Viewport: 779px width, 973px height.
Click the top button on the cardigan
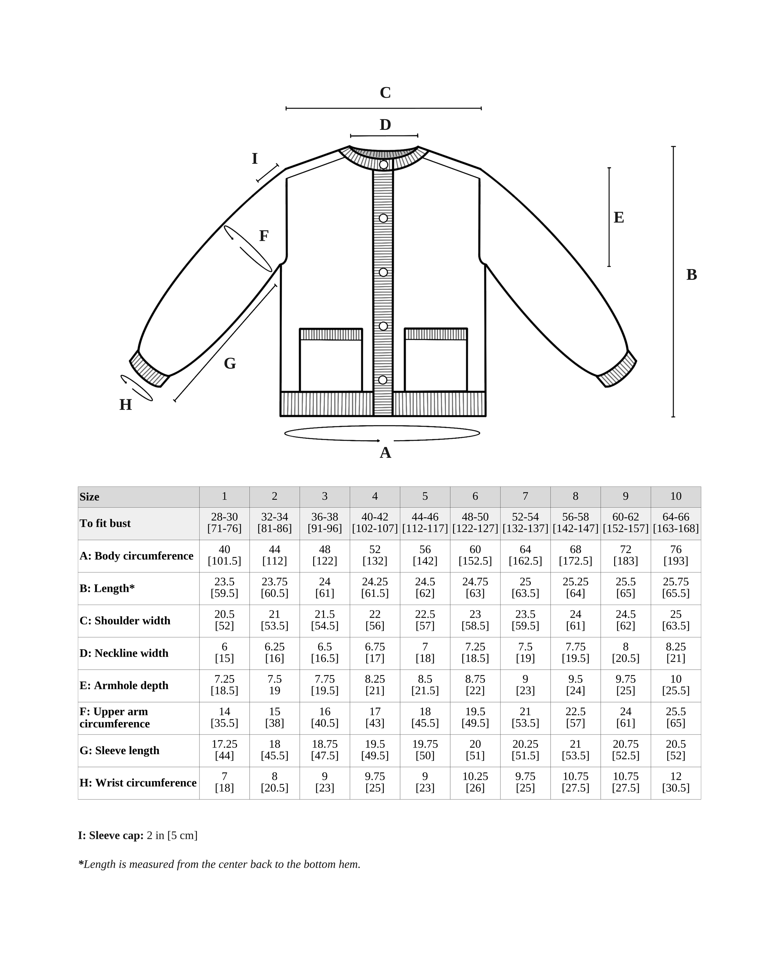pyautogui.click(x=383, y=165)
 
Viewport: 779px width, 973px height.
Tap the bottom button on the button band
pyautogui.click(x=383, y=380)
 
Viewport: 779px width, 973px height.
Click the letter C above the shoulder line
pyautogui.click(x=385, y=92)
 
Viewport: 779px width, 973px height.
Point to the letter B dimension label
pyautogui.click(x=691, y=275)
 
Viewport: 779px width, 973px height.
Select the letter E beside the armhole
pyautogui.click(x=619, y=218)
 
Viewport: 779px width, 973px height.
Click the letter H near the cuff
pyautogui.click(x=126, y=405)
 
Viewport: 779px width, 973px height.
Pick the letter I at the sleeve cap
pyautogui.click(x=255, y=159)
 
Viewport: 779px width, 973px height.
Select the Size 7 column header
pyautogui.click(x=525, y=496)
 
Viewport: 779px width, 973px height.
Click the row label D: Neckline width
pyautogui.click(x=124, y=653)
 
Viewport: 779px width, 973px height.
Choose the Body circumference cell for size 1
pyautogui.click(x=224, y=555)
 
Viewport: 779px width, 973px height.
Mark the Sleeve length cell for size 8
pyautogui.click(x=575, y=750)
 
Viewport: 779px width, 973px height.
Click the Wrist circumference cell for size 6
pyautogui.click(x=475, y=782)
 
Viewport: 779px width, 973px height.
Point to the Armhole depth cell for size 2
pyautogui.click(x=275, y=685)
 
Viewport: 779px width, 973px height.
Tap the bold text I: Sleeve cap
pyautogui.click(x=111, y=835)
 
